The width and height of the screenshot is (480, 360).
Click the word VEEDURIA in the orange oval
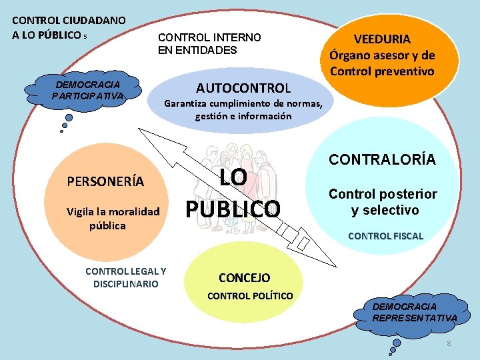[382, 39]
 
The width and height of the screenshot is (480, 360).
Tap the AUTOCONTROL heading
[243, 88]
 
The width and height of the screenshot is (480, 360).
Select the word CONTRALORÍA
[382, 159]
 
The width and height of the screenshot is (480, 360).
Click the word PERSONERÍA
[105, 181]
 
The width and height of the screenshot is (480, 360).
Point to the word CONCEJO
[244, 277]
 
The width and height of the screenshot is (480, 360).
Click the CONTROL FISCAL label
[385, 236]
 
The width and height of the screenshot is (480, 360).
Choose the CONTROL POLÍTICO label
[250, 295]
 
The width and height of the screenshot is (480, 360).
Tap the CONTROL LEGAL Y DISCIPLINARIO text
[126, 277]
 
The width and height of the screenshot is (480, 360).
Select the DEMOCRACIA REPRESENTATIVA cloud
[414, 312]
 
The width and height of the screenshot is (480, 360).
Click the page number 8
[449, 343]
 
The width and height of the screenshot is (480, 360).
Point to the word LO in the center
[233, 178]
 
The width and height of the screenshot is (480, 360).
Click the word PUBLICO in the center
[233, 209]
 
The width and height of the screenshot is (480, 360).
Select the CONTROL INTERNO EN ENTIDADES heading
[209, 44]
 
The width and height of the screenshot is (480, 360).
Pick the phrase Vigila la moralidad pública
[113, 219]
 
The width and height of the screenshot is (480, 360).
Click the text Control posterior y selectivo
[383, 202]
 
